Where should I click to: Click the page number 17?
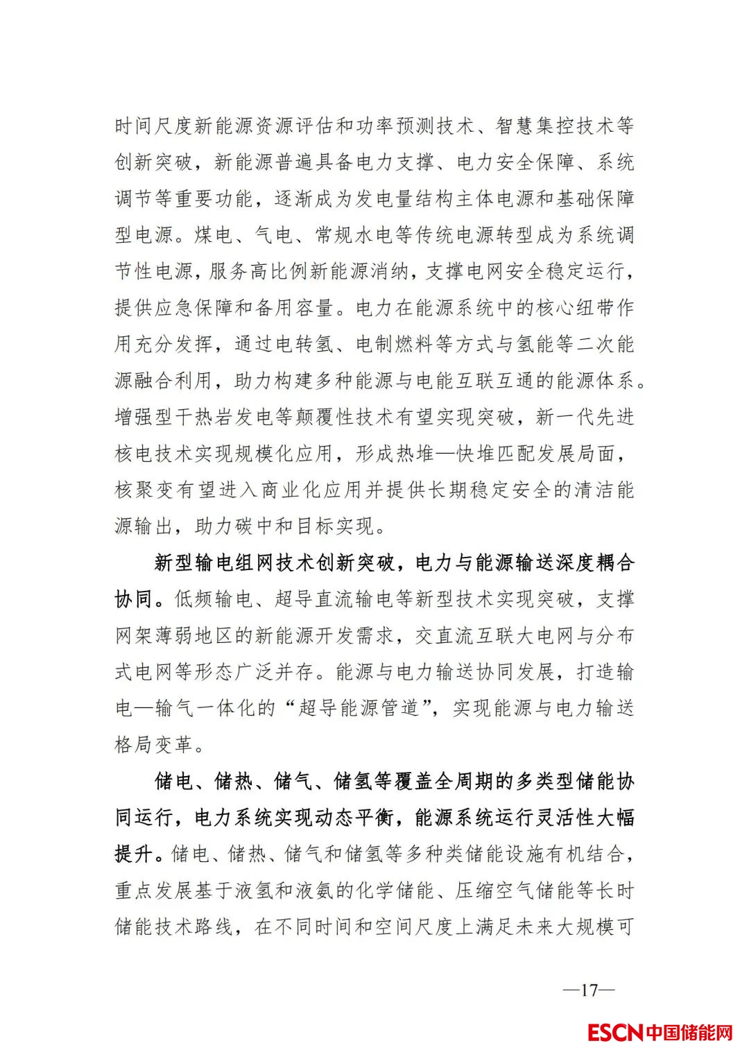coord(589,990)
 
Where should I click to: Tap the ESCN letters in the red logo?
coord(615,1033)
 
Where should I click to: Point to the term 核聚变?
coord(144,490)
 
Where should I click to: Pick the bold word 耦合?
coord(614,562)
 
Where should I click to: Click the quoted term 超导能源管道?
coord(359,708)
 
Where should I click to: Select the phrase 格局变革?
coord(154,745)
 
